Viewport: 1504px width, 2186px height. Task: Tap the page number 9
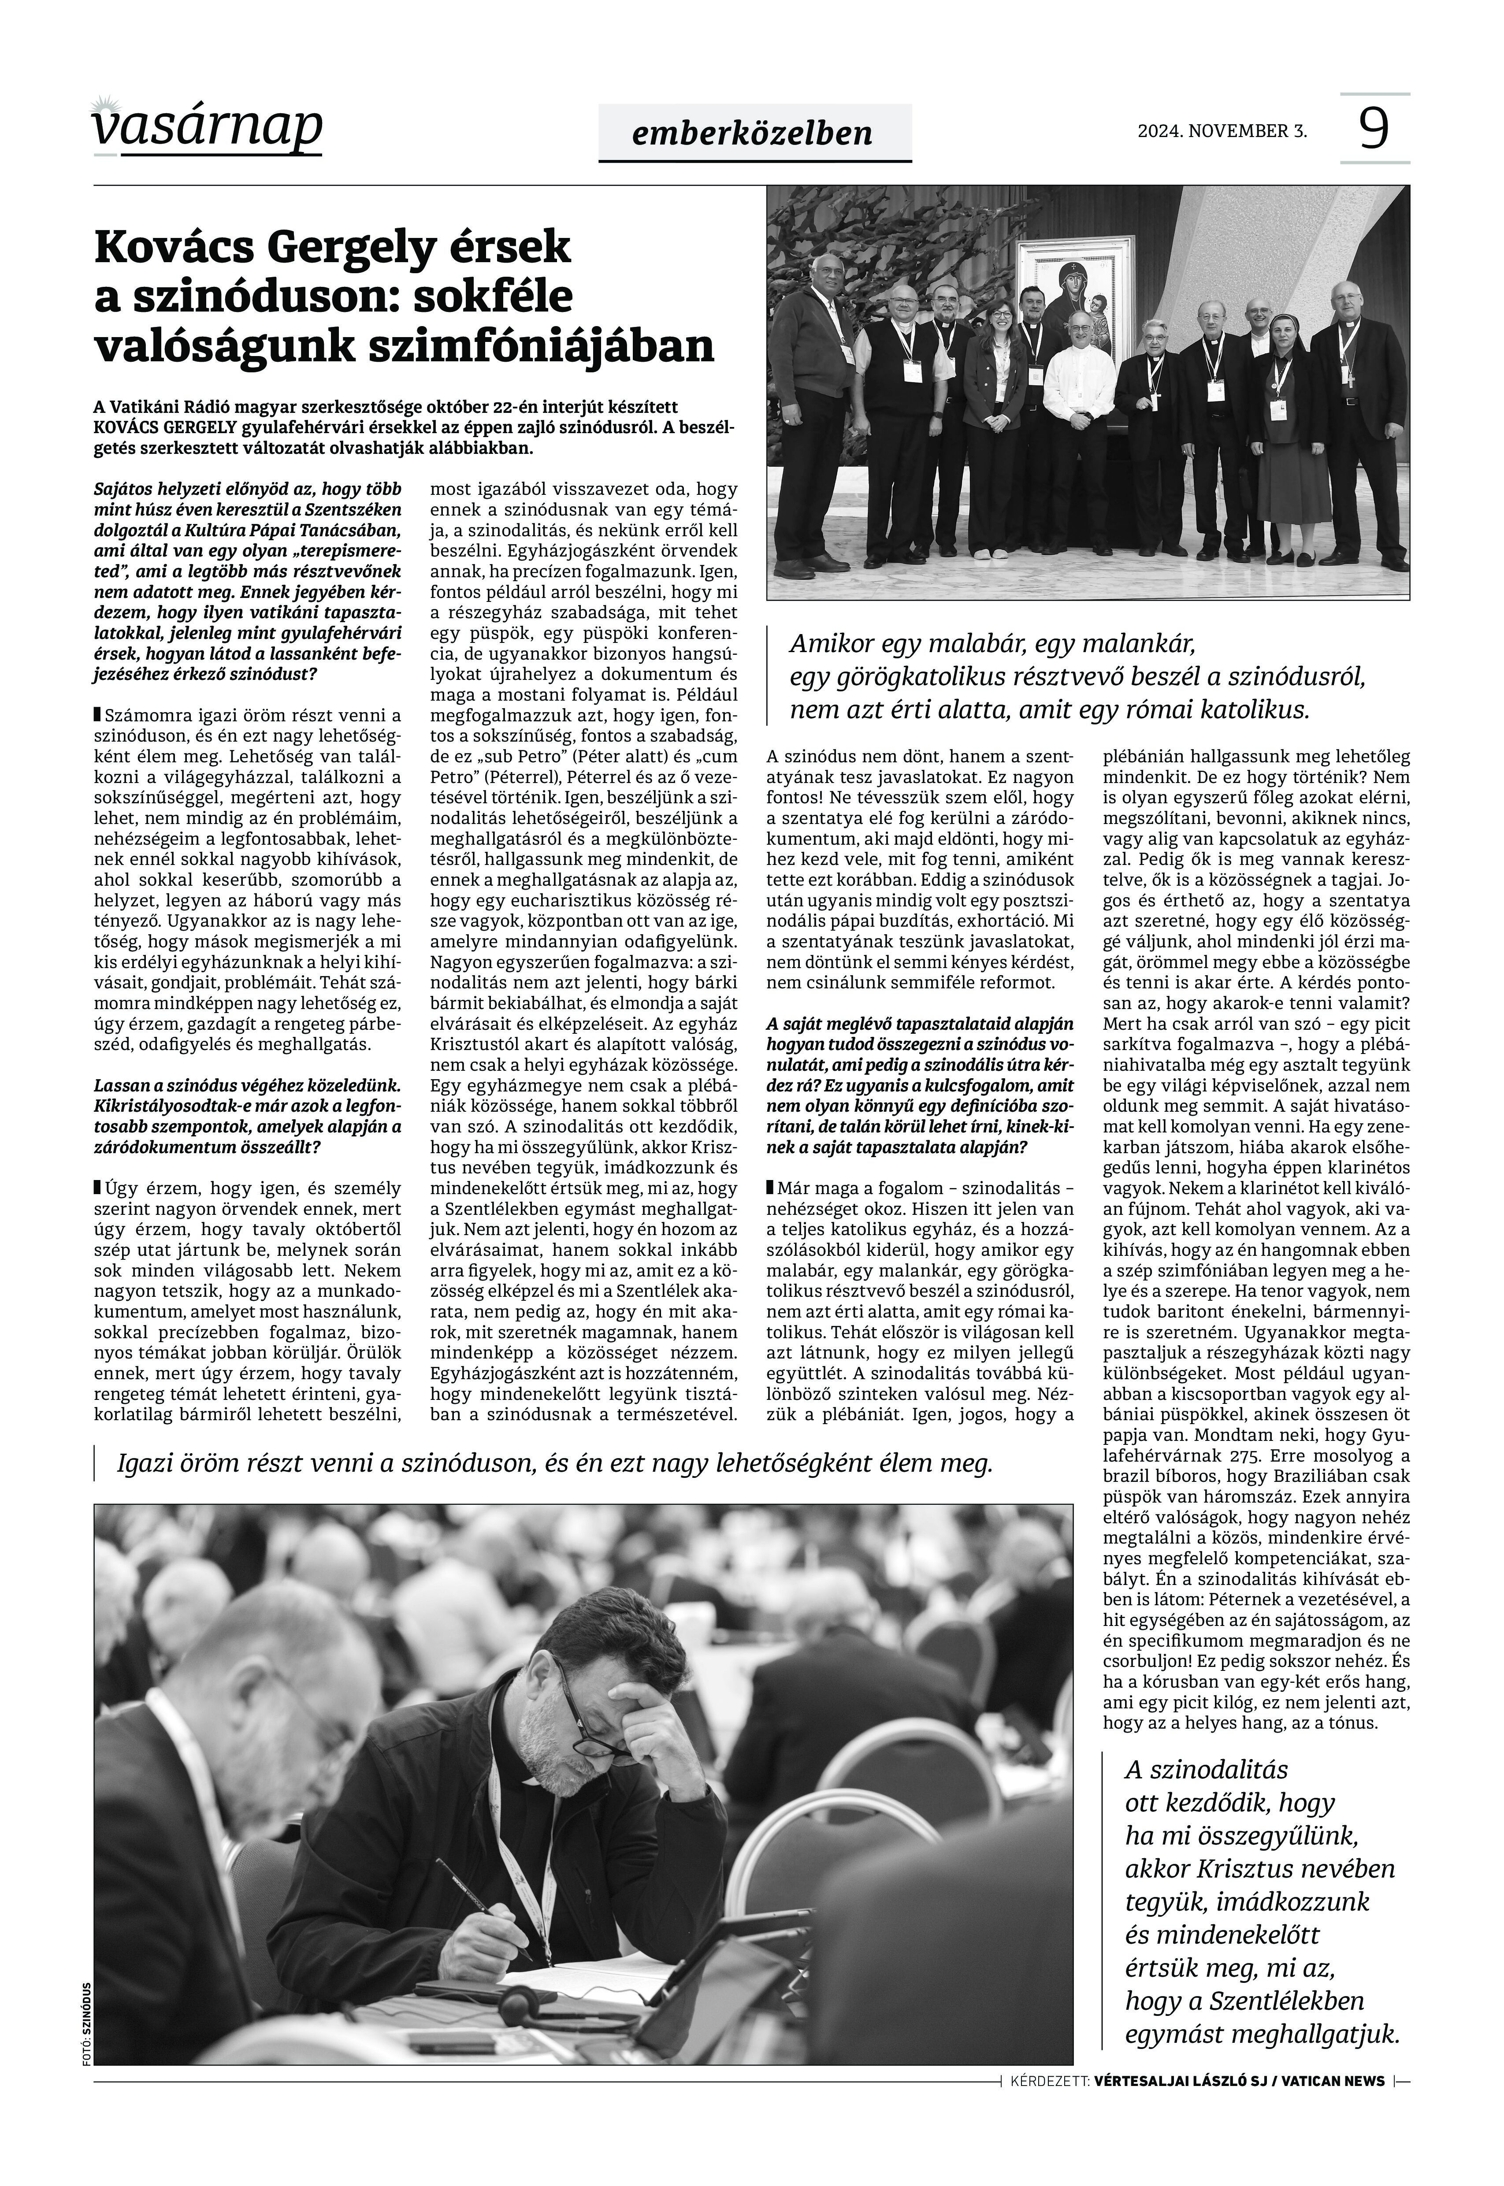point(1374,128)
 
